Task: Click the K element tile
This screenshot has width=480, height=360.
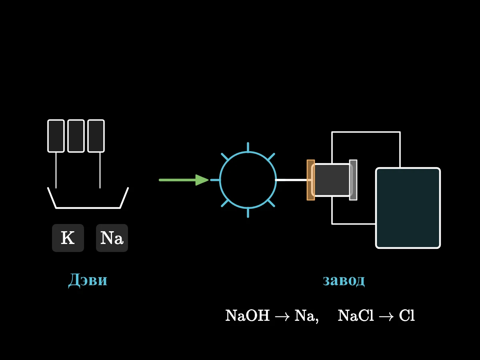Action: (x=68, y=238)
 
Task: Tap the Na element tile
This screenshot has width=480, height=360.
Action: (x=112, y=238)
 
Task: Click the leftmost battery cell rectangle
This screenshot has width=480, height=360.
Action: (x=56, y=136)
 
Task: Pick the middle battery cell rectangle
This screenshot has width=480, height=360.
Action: (x=76, y=136)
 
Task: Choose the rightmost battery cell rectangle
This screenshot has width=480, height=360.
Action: (x=96, y=136)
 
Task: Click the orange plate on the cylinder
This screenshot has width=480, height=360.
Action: (x=311, y=180)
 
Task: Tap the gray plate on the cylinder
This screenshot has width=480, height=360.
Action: (x=353, y=180)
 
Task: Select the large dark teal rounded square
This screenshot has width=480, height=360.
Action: (x=408, y=208)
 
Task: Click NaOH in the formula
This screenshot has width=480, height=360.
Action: (x=247, y=316)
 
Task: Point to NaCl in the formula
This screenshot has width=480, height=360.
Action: (x=356, y=316)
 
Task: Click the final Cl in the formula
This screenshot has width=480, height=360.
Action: (x=407, y=316)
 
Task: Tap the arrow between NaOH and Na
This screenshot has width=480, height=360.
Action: (x=282, y=316)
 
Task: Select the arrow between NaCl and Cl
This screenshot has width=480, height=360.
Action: (x=386, y=316)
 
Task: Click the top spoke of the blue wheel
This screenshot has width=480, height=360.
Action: (x=248, y=147)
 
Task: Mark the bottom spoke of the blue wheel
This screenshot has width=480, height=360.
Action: (x=248, y=213)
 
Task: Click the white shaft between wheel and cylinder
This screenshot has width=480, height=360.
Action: (x=291, y=180)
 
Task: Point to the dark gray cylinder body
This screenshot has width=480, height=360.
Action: (x=332, y=180)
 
